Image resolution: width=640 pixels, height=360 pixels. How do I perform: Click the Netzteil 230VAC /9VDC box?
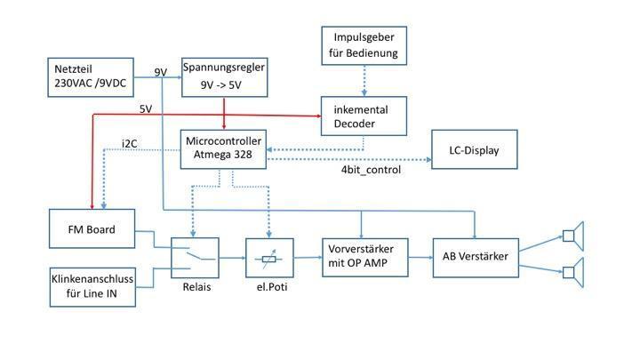click(91, 77)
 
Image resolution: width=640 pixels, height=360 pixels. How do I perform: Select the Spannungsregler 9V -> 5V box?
click(225, 77)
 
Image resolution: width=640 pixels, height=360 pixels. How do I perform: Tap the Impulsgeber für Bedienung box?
click(364, 45)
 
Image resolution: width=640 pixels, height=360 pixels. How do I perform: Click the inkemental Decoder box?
click(364, 116)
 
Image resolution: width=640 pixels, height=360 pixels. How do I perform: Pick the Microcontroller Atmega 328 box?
click(223, 149)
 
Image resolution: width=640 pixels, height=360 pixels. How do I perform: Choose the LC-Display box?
click(475, 149)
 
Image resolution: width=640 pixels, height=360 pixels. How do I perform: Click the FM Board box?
click(92, 228)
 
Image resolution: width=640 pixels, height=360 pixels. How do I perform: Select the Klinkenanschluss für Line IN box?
click(92, 287)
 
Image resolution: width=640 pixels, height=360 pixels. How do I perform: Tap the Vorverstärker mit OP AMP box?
click(365, 258)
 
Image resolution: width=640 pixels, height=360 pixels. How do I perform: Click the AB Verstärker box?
click(476, 258)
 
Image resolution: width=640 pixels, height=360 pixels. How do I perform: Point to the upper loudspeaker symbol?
click(573, 236)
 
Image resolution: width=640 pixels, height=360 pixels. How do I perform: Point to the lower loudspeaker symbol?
click(573, 272)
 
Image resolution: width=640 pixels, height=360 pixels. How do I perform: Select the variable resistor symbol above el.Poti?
click(269, 259)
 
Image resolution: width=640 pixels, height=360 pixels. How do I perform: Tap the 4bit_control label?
click(371, 170)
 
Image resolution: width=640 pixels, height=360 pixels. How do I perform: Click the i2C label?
click(130, 144)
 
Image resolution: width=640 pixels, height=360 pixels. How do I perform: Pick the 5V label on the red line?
click(146, 109)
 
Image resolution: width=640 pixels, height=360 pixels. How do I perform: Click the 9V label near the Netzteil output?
click(161, 72)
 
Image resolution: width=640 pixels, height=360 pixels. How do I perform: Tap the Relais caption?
click(196, 287)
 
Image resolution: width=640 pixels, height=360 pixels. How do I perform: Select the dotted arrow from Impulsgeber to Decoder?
click(364, 81)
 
